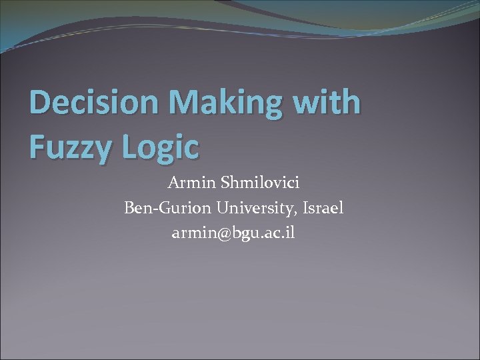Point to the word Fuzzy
[x=70, y=147]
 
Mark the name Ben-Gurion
[x=167, y=208]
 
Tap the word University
[x=257, y=209]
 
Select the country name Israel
[x=323, y=208]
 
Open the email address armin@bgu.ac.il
[x=233, y=233]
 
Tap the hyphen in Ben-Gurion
[x=153, y=209]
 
